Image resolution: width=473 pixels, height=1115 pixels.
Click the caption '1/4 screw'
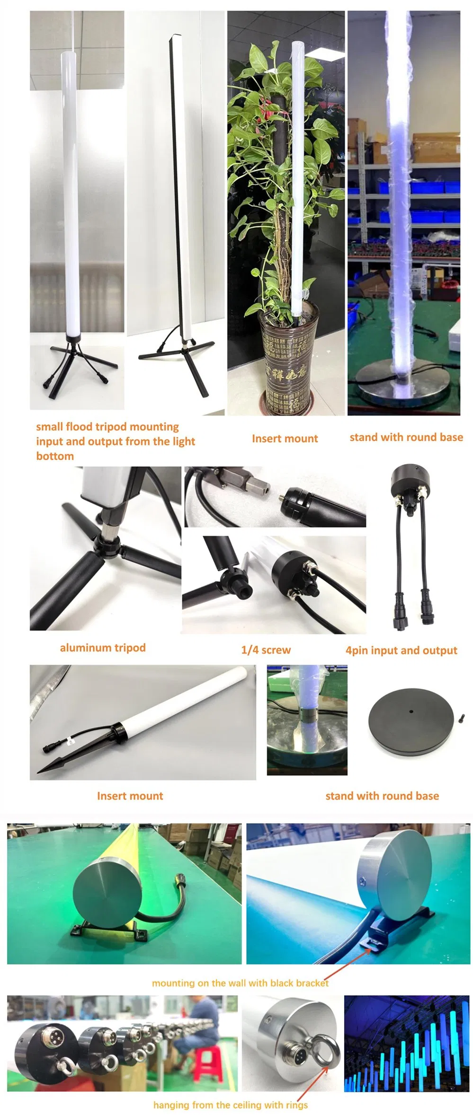tap(266, 650)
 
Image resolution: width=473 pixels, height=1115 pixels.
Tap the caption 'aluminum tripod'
tap(103, 648)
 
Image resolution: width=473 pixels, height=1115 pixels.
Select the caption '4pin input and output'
tap(401, 650)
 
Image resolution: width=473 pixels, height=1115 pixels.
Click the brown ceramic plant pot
tap(288, 360)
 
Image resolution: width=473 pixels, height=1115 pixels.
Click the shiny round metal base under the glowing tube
tap(403, 383)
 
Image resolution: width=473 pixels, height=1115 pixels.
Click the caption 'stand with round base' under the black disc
tap(382, 796)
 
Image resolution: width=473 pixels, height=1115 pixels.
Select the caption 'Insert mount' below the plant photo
tap(285, 439)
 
